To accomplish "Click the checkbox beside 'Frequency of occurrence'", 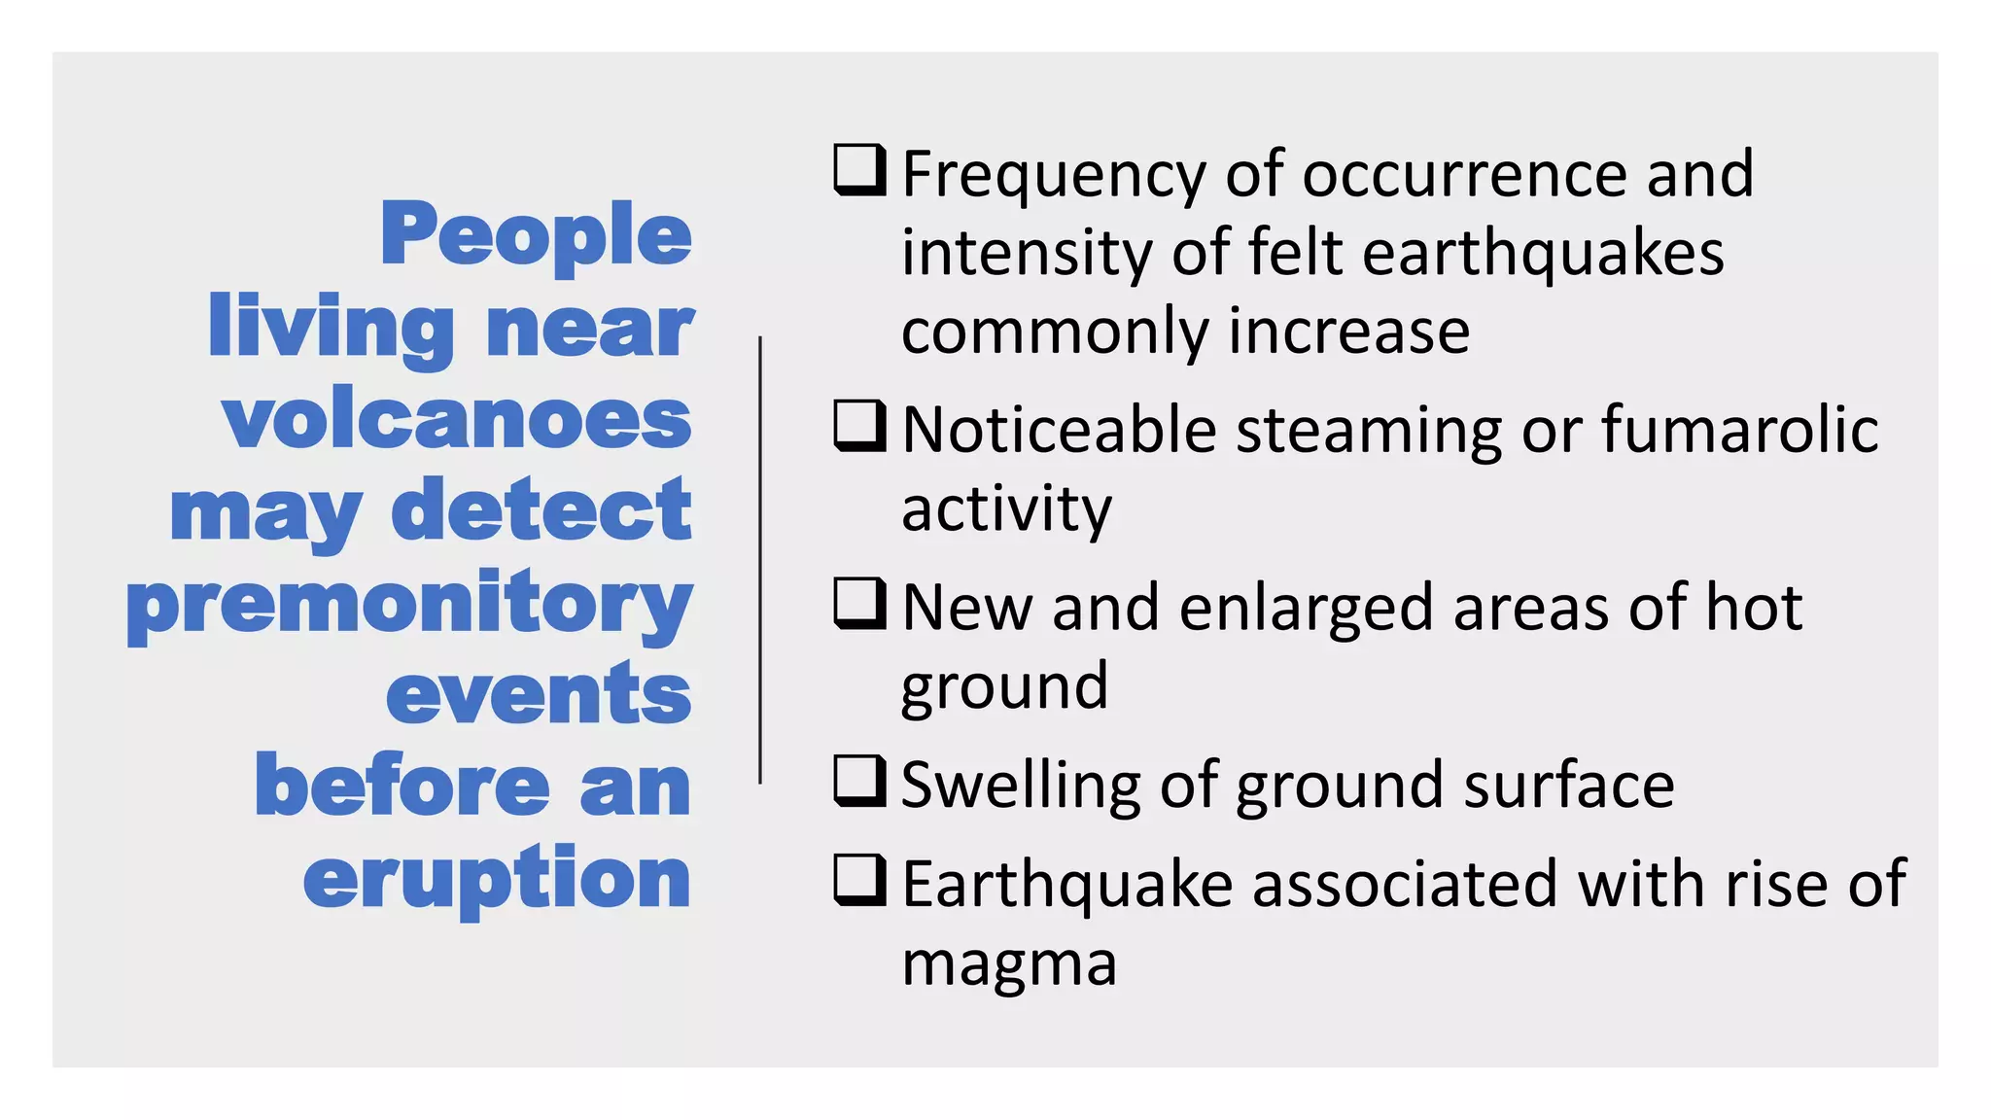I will point(859,170).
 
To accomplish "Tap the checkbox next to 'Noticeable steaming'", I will point(859,427).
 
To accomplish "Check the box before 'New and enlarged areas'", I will point(859,604).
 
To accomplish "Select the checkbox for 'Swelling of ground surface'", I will point(859,782).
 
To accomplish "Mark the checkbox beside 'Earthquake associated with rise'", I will point(859,880).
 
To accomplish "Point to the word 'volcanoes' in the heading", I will point(457,420).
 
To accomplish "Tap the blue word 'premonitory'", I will point(409,605).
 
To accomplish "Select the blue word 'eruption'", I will point(497,879).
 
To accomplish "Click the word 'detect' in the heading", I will point(541,510).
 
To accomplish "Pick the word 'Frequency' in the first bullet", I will point(1054,175).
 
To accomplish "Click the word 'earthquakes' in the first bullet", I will point(1543,253).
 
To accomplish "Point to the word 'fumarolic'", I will point(1739,429).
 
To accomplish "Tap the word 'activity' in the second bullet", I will point(1006,508).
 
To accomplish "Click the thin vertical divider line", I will point(760,560).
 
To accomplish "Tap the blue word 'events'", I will point(539,694).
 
